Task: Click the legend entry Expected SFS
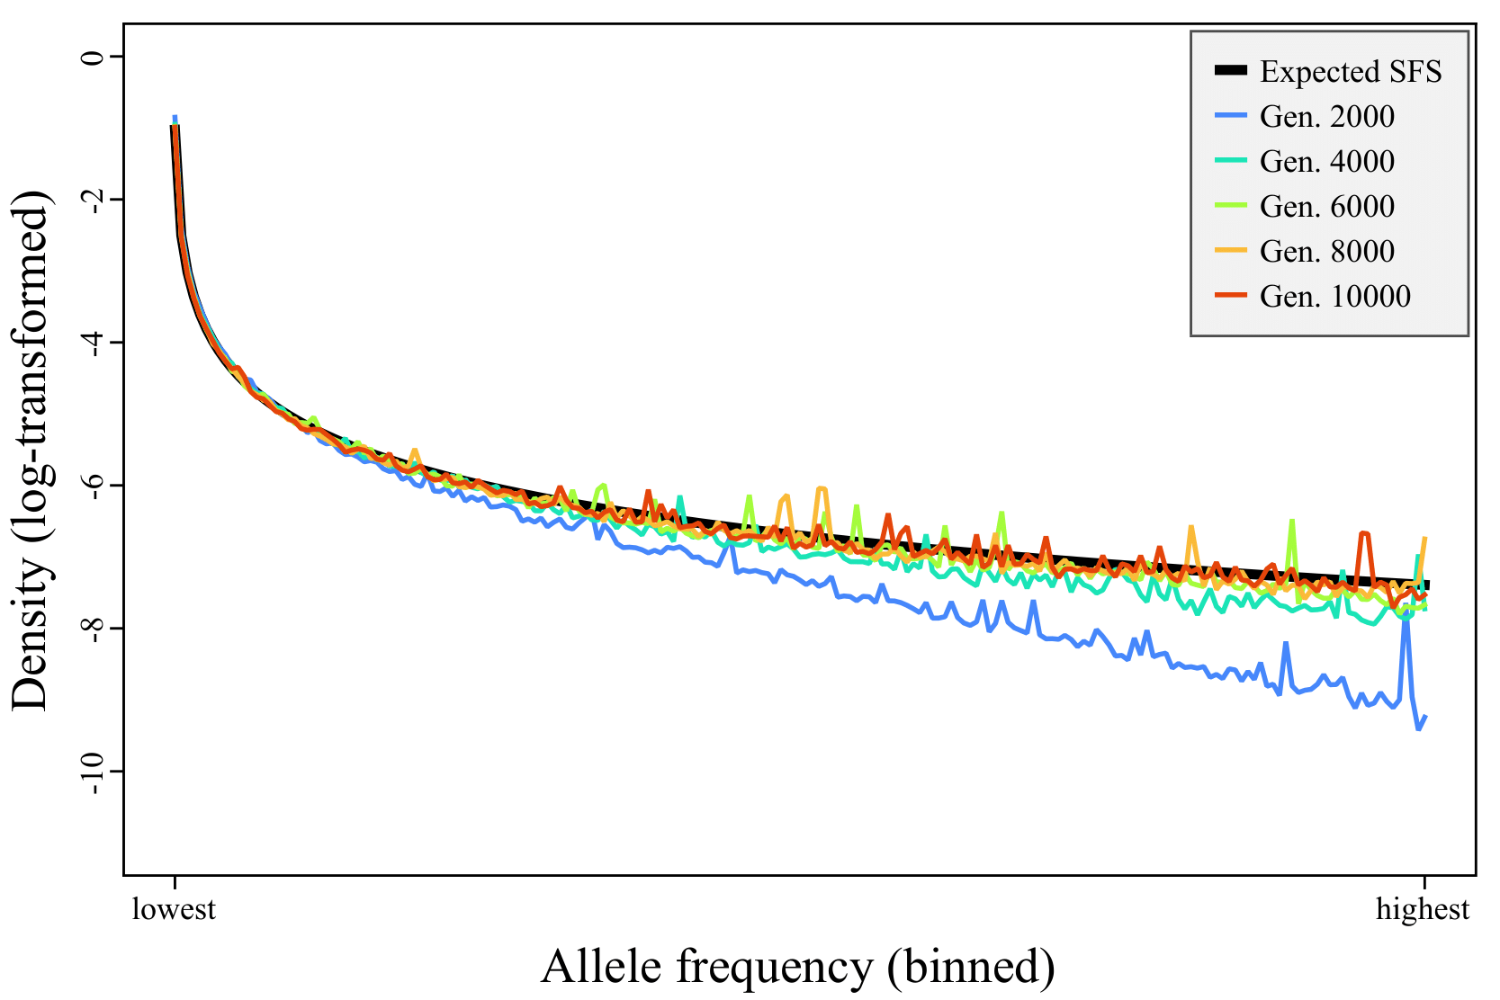tap(1350, 72)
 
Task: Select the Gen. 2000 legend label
tap(1327, 117)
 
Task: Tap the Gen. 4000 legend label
tap(1327, 162)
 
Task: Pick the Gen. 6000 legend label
tap(1327, 207)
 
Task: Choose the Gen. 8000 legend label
tap(1327, 252)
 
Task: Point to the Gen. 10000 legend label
tap(1335, 297)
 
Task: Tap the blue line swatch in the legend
tap(1230, 116)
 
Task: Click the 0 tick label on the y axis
tap(90, 57)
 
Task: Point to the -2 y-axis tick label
tap(90, 199)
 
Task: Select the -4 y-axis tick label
tap(90, 342)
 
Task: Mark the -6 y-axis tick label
tap(90, 485)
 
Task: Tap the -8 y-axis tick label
tap(90, 628)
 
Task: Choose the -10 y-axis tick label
tap(90, 771)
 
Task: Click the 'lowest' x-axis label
tap(175, 909)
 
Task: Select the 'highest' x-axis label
tap(1423, 909)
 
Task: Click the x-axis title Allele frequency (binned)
tap(797, 967)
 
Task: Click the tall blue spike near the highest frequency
tap(1406, 617)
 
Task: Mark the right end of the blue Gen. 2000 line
tap(1425, 716)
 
